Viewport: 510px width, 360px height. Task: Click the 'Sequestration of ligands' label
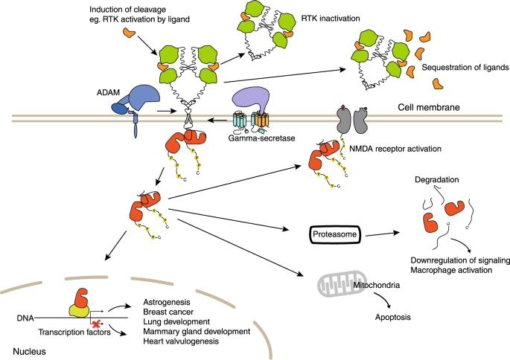465,67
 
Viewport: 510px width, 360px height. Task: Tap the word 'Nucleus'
28,349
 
